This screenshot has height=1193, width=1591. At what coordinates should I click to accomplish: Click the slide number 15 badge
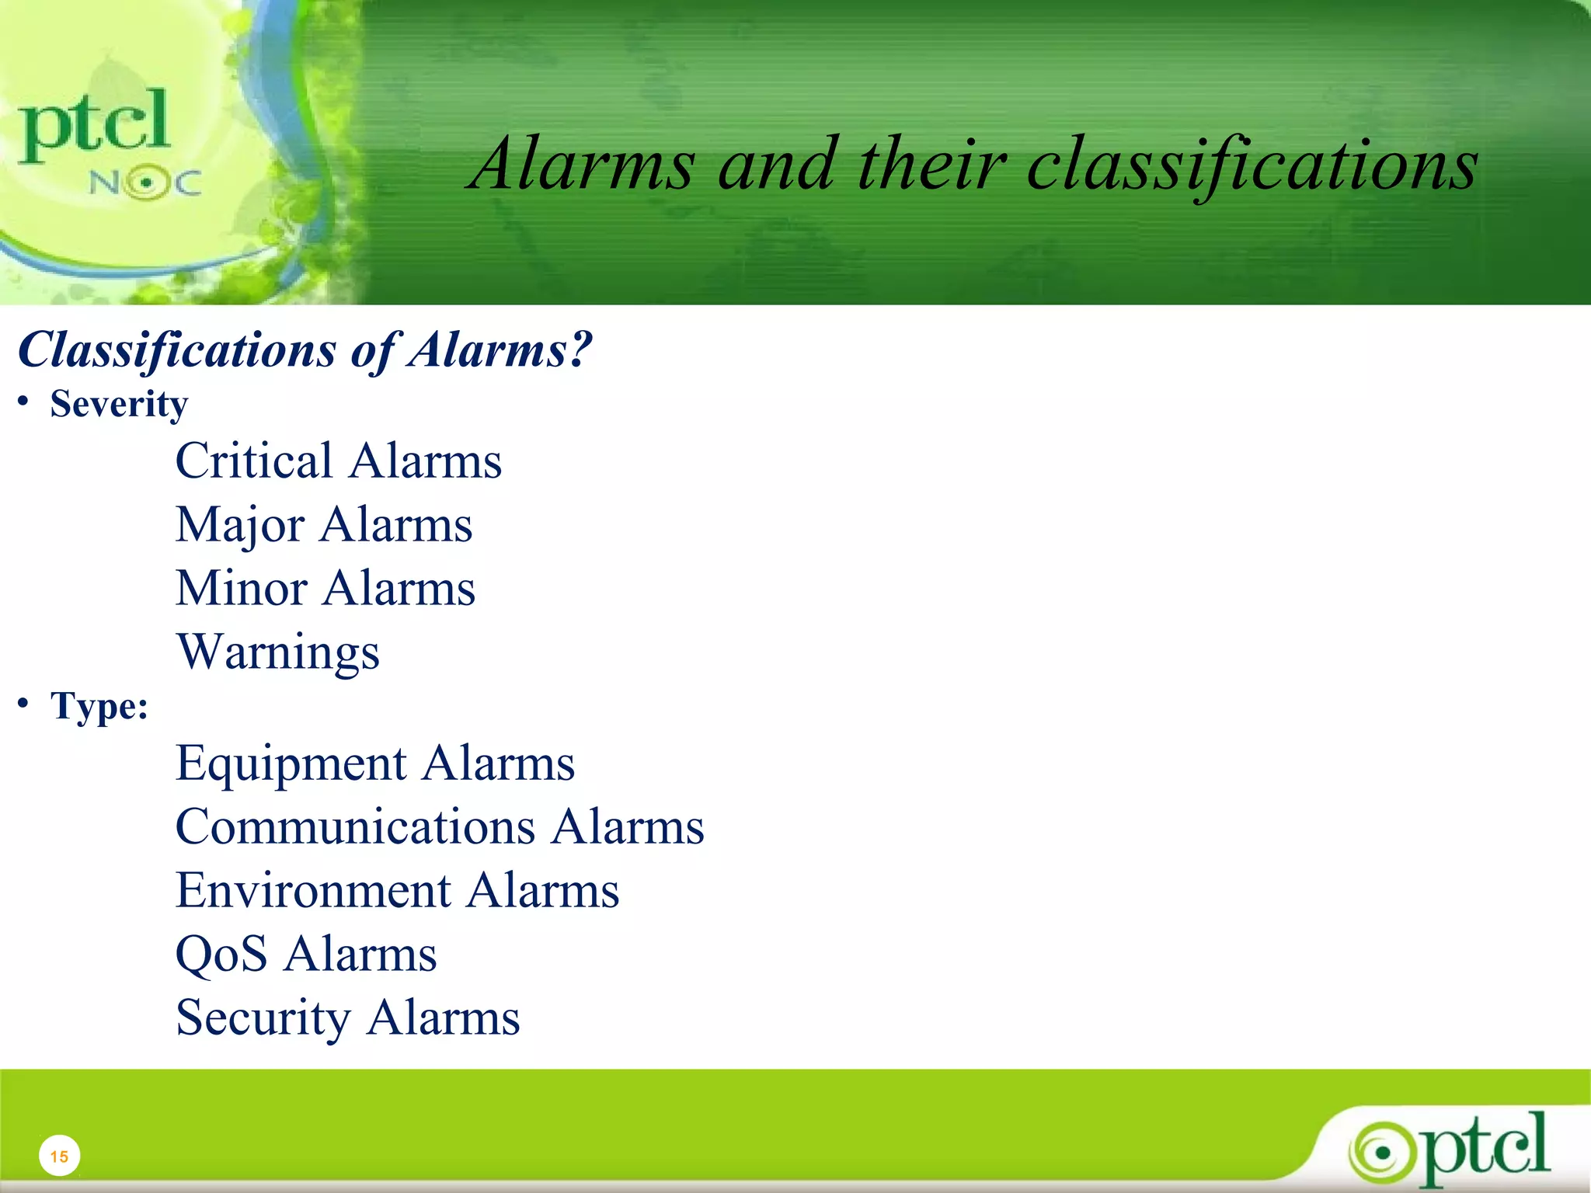[x=59, y=1156]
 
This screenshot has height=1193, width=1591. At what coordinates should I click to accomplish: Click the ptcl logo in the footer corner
[x=1451, y=1148]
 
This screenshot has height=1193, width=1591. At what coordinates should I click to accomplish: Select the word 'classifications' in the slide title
[x=1252, y=165]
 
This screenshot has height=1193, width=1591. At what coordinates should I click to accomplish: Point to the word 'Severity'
[x=119, y=405]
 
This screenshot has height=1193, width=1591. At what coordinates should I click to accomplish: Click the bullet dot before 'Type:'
[x=24, y=704]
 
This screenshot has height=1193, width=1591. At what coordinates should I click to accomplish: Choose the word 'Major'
[x=240, y=525]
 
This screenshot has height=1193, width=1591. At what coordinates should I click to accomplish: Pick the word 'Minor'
[x=242, y=588]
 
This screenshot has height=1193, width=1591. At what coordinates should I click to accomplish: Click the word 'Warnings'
[x=278, y=652]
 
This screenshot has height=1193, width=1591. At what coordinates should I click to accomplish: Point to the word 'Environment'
[x=313, y=891]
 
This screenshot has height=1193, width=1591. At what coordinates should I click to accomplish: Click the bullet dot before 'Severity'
[x=24, y=402]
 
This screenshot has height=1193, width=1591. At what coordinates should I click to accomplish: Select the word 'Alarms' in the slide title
[x=583, y=165]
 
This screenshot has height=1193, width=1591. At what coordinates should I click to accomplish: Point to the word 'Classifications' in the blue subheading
[x=177, y=350]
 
